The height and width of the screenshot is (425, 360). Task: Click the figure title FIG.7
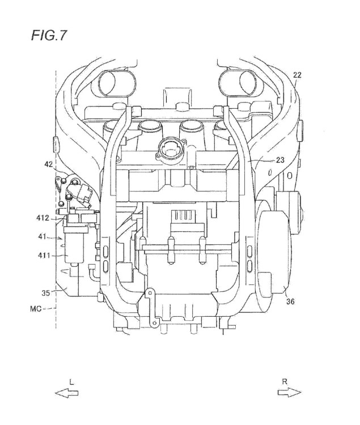tap(49, 35)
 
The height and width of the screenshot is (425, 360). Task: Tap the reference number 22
tap(297, 75)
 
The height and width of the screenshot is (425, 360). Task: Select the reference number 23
tap(280, 160)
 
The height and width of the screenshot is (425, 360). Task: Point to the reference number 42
tap(49, 164)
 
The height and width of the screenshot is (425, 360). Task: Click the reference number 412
tap(43, 218)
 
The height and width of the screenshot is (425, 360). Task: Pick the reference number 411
tap(44, 255)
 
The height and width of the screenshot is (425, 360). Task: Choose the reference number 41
tap(43, 237)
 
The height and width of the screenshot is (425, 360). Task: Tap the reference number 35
tap(46, 293)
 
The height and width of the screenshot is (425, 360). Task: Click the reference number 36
tap(290, 301)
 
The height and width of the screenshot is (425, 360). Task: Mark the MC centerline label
tap(36, 309)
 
